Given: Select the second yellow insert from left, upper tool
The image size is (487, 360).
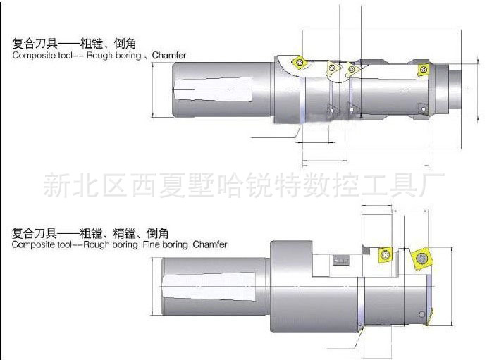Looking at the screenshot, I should pos(331,68).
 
